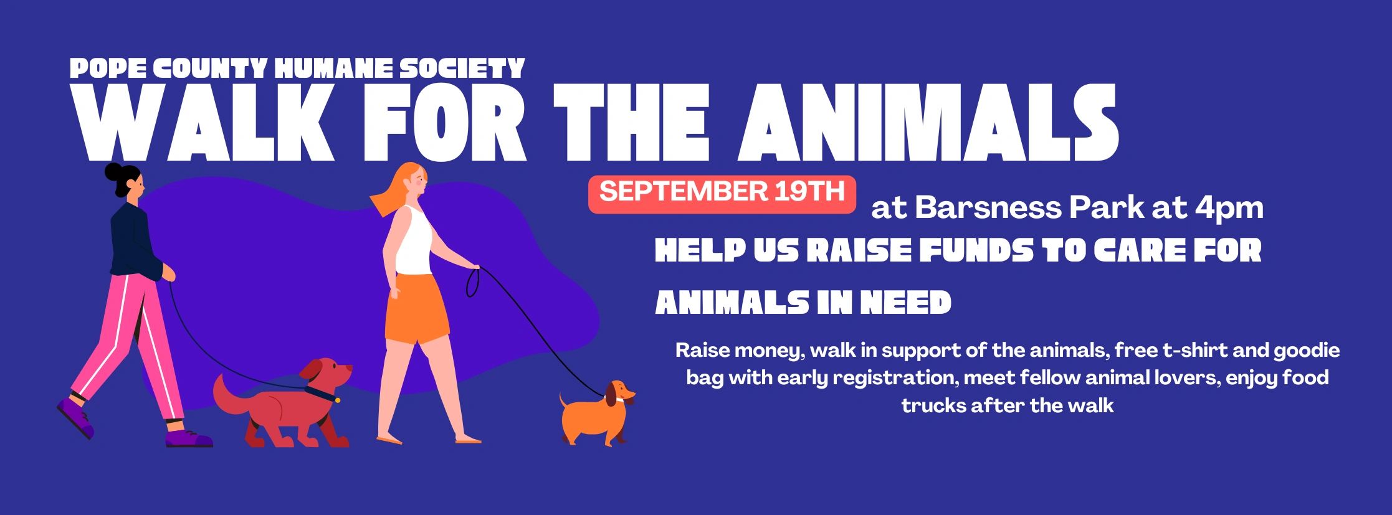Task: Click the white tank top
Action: tap(413, 240)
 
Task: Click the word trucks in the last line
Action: tap(932, 405)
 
